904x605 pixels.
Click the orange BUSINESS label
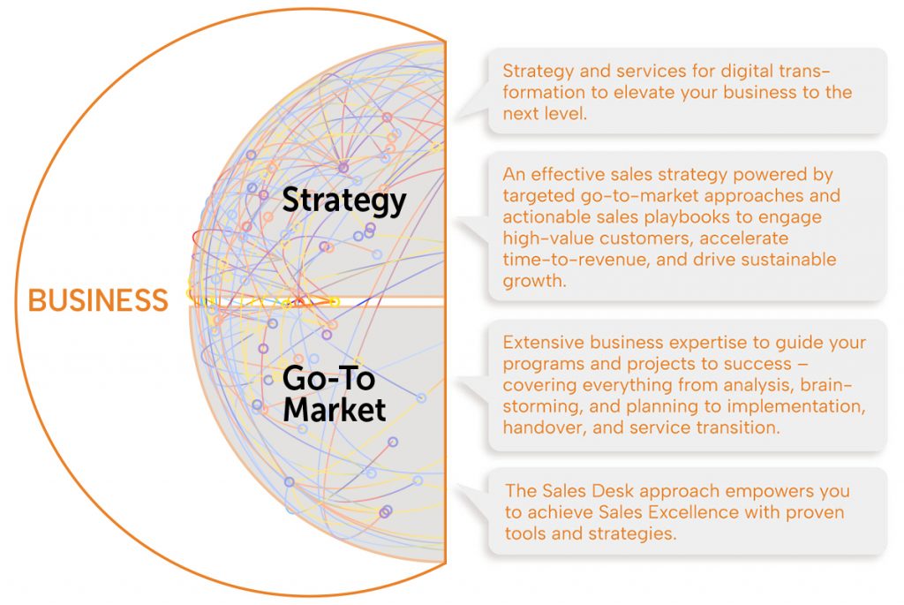coord(98,300)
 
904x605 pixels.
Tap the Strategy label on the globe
coord(344,200)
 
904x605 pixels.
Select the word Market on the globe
coord(335,410)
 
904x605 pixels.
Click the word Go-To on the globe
coord(328,378)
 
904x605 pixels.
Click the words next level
coord(544,114)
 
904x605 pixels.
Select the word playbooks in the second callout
coord(687,217)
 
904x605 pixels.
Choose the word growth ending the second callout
coord(534,282)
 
